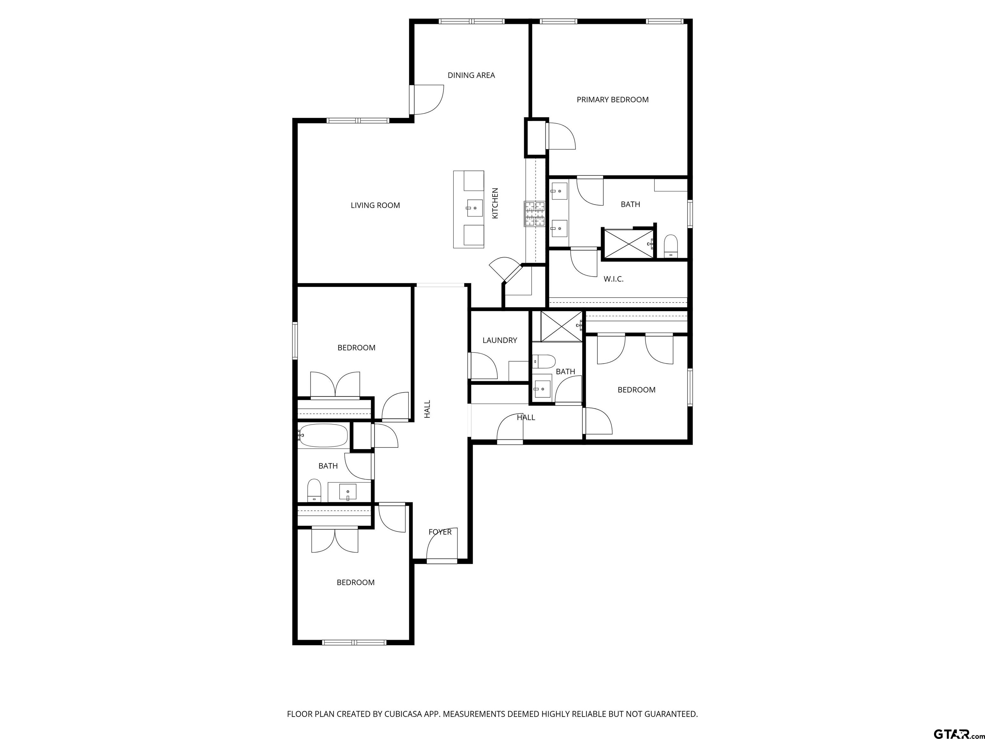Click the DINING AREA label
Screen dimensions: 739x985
pyautogui.click(x=471, y=75)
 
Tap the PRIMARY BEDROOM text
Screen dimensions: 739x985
pyautogui.click(x=612, y=100)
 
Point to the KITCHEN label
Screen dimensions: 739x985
pyautogui.click(x=495, y=203)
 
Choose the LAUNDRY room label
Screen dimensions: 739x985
pyautogui.click(x=500, y=340)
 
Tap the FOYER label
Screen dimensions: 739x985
pyautogui.click(x=440, y=532)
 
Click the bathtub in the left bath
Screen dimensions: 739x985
pyautogui.click(x=323, y=435)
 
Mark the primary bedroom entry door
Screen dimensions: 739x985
pyautogui.click(x=561, y=136)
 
